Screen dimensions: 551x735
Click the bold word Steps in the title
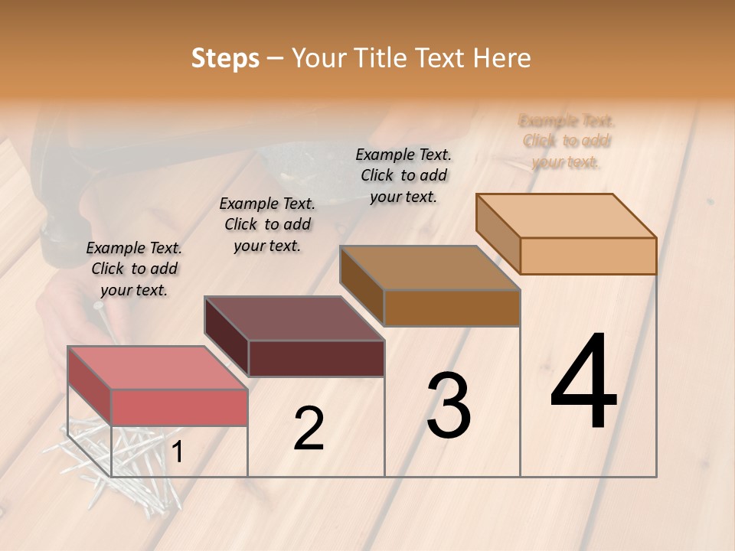coord(225,58)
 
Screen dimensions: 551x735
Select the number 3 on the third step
coord(448,406)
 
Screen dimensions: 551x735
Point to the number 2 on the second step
coord(309,429)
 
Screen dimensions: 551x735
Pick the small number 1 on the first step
coord(177,453)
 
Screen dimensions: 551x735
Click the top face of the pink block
coord(158,367)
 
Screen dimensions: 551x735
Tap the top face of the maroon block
coord(294,318)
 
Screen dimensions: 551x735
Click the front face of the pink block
coord(179,407)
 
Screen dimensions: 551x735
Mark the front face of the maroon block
coord(316,358)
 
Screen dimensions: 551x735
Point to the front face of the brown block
coord(452,308)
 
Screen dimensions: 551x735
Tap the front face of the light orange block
coord(588,256)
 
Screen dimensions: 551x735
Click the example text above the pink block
coord(134,269)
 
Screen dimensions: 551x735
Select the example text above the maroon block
coord(267,224)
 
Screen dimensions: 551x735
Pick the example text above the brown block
coord(403,175)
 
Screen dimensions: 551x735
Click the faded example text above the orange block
coord(567,142)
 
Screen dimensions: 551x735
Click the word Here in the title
coord(502,58)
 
